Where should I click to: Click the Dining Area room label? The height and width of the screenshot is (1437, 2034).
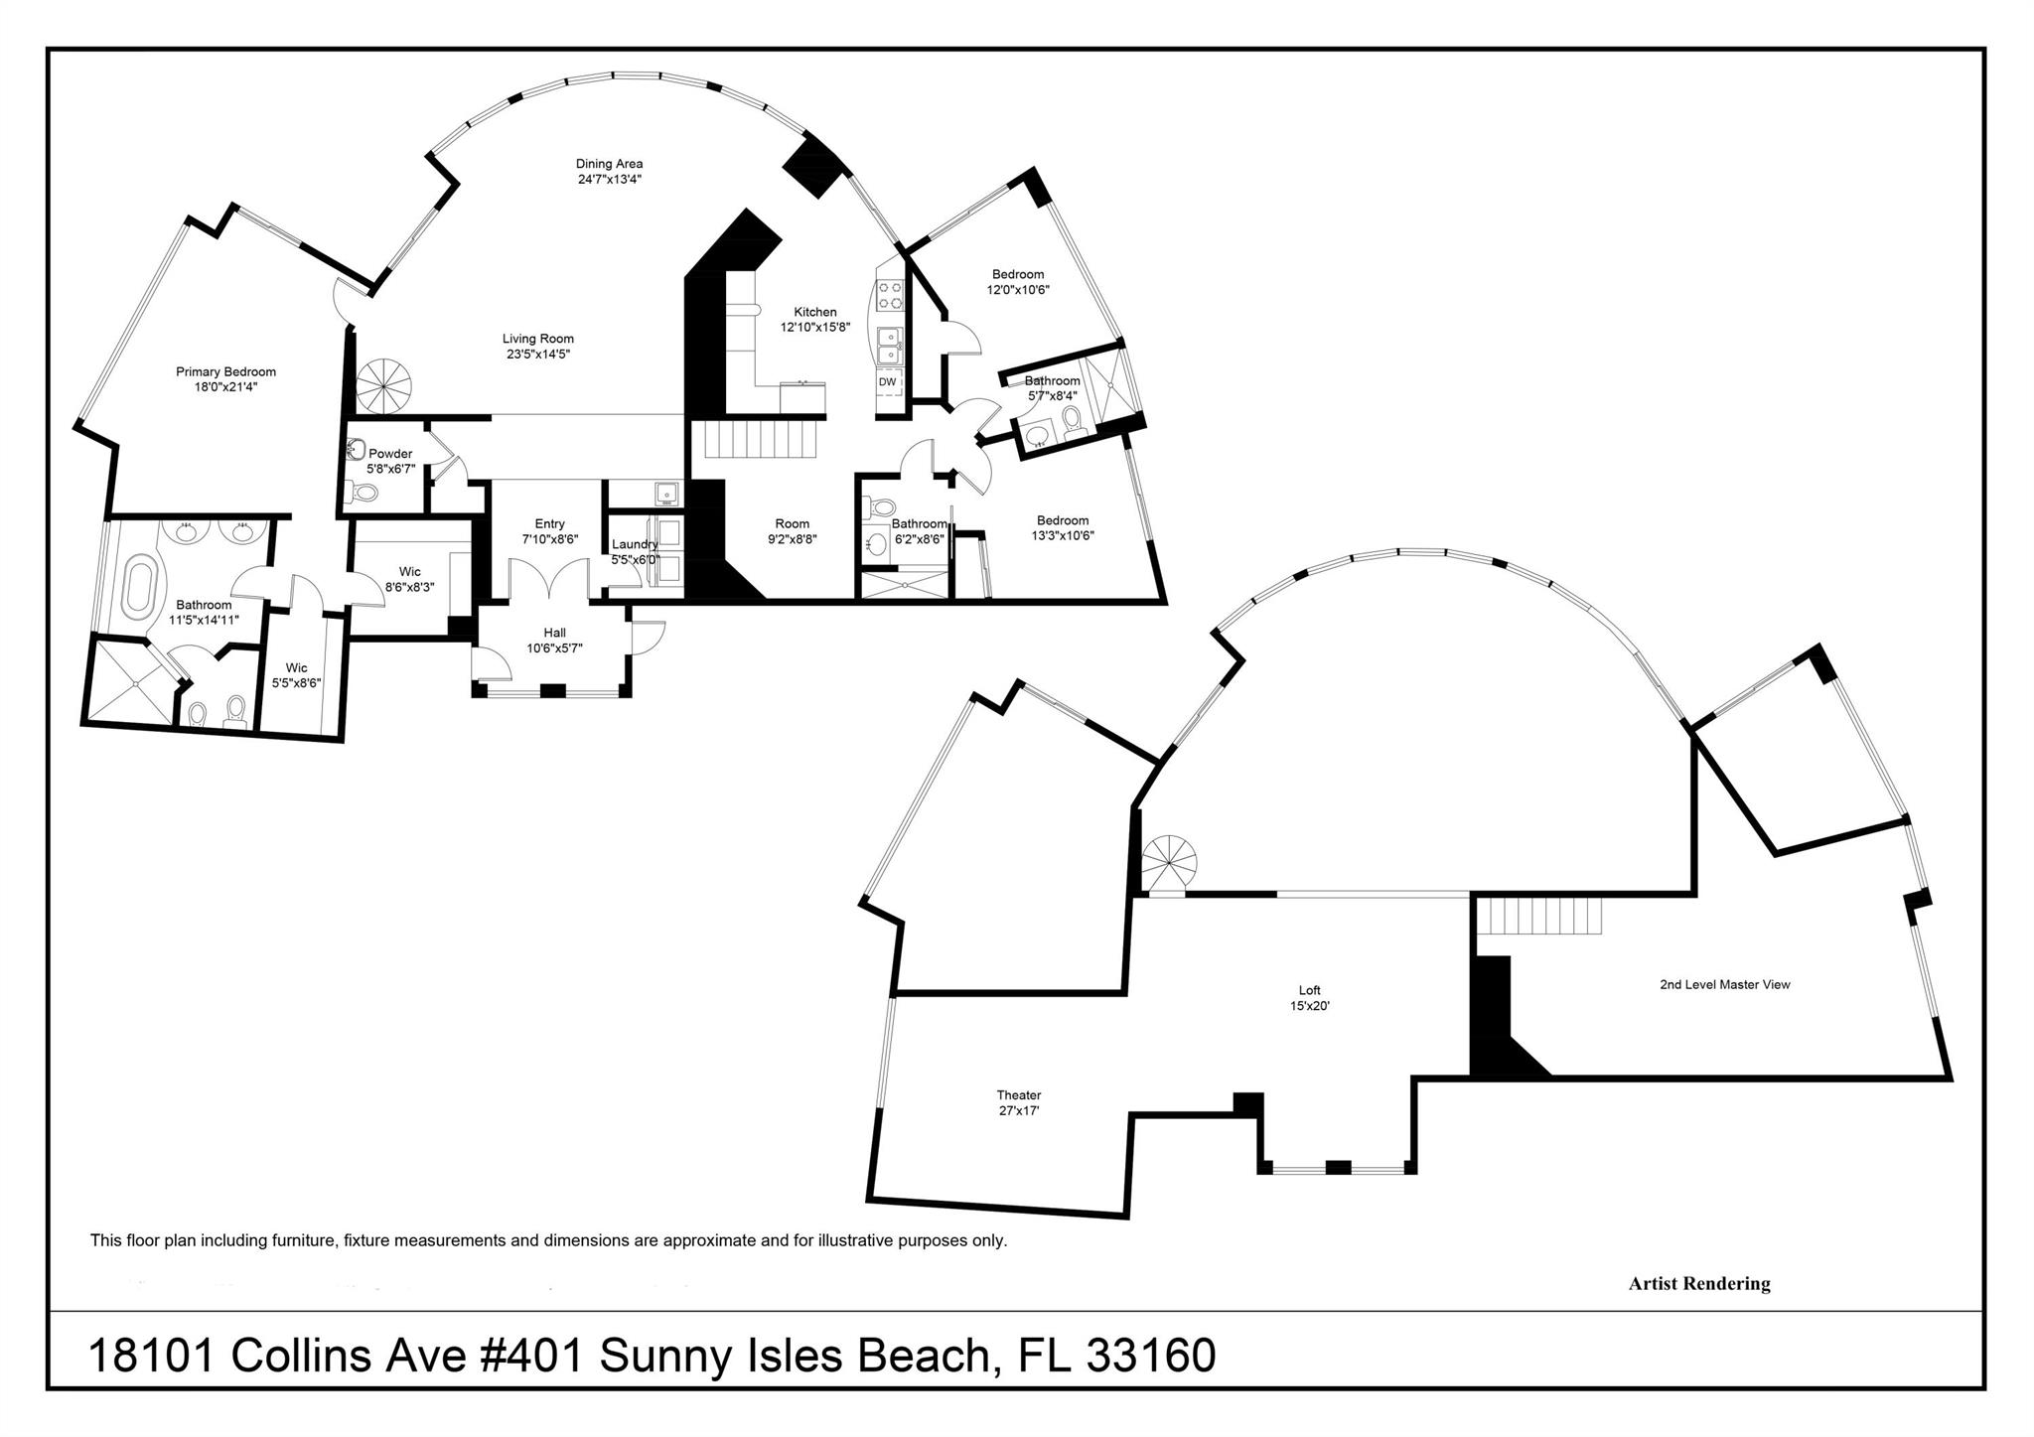609,164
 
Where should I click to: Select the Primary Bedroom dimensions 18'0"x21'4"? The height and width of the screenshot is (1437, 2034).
225,387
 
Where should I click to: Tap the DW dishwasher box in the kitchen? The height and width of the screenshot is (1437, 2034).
888,381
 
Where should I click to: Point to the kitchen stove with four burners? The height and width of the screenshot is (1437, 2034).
890,297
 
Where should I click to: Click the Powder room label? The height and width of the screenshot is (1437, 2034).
390,454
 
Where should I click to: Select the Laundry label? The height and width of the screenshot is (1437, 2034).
635,544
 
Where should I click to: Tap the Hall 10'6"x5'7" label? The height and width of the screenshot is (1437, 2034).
554,640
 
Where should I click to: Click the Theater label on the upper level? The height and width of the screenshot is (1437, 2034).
1019,1095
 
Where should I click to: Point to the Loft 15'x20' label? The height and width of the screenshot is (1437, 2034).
1309,997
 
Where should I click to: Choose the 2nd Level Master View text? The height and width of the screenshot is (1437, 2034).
1724,985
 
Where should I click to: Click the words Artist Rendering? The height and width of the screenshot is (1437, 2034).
1698,1284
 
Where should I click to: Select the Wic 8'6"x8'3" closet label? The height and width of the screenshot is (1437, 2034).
409,579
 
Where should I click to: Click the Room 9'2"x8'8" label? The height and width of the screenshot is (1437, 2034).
792,531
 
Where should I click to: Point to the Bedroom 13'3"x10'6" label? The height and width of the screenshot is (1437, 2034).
1063,527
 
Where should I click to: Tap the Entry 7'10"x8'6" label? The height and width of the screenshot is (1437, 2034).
549,531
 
